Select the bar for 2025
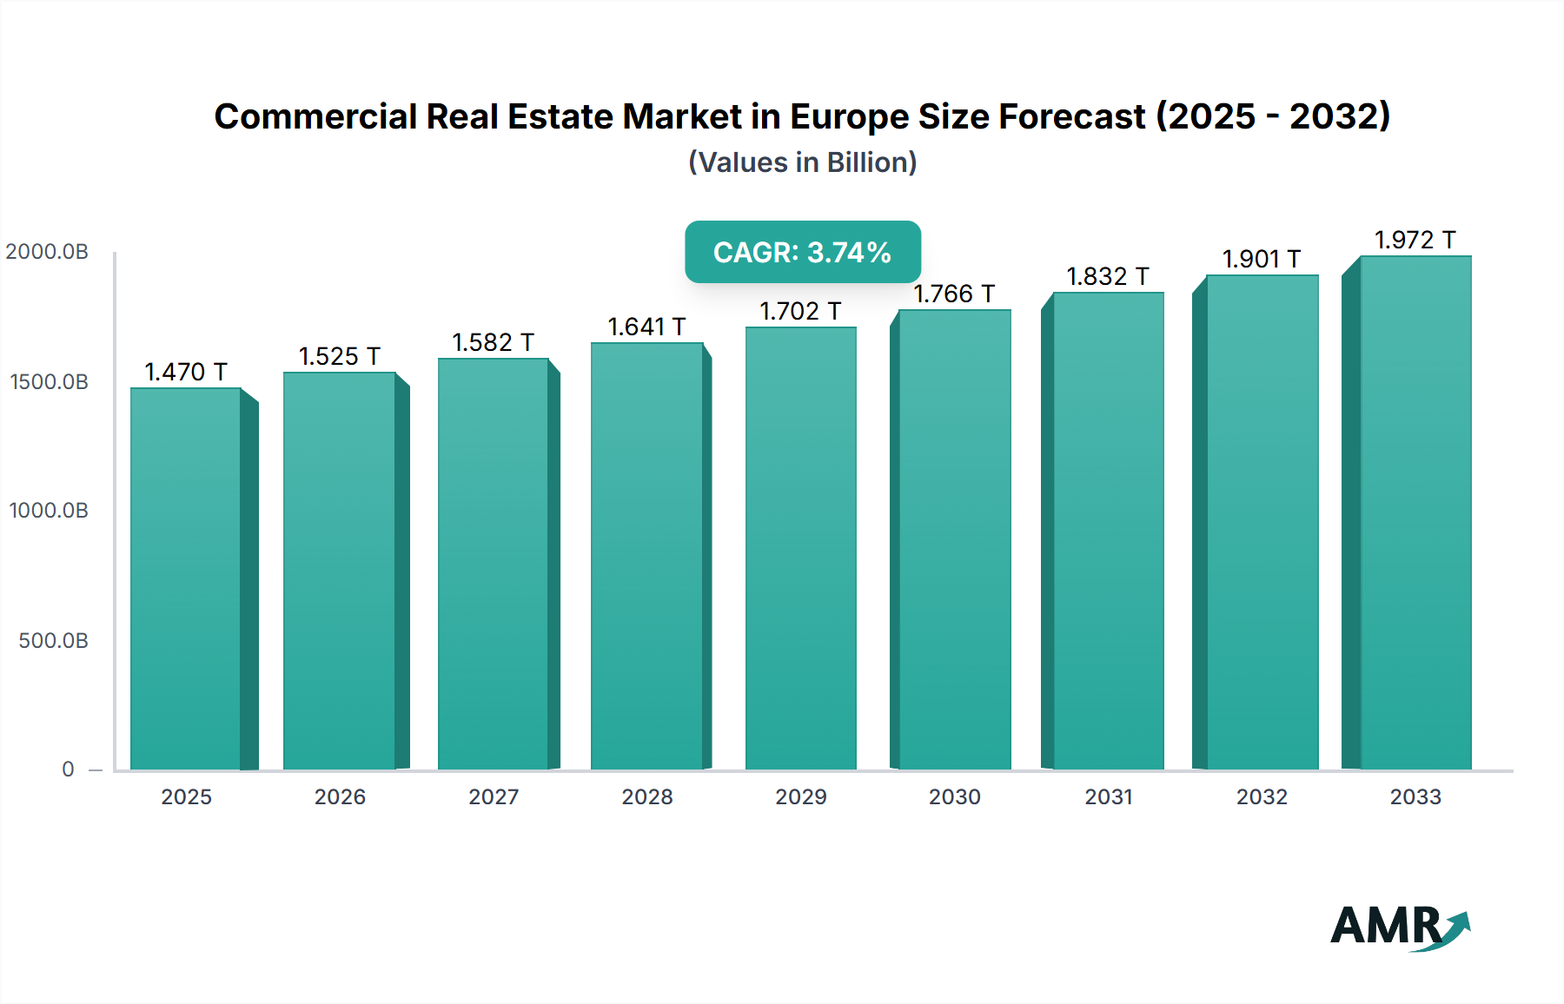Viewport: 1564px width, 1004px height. point(185,578)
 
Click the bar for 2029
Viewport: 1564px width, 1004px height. point(800,548)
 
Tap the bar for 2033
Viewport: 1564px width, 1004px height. point(1415,512)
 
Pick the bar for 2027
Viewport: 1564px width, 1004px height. point(493,564)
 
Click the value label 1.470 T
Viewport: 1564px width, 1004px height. point(185,372)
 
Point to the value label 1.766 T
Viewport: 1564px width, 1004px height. point(954,294)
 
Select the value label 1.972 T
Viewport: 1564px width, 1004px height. point(1415,240)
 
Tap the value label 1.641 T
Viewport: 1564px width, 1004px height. point(646,327)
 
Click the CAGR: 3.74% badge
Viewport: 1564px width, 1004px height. point(802,252)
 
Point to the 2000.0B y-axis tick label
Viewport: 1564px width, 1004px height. point(47,252)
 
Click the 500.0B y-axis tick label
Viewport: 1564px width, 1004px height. point(53,641)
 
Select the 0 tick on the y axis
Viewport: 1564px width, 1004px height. point(68,770)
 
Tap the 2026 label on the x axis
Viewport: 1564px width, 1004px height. point(340,797)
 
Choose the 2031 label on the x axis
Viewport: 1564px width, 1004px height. point(1109,797)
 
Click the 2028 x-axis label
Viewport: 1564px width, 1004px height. point(647,797)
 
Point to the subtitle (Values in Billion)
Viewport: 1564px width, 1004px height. point(802,162)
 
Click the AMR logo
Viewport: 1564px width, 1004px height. point(1399,927)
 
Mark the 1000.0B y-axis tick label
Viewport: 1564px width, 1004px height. point(49,511)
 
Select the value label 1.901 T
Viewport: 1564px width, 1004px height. point(1262,259)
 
